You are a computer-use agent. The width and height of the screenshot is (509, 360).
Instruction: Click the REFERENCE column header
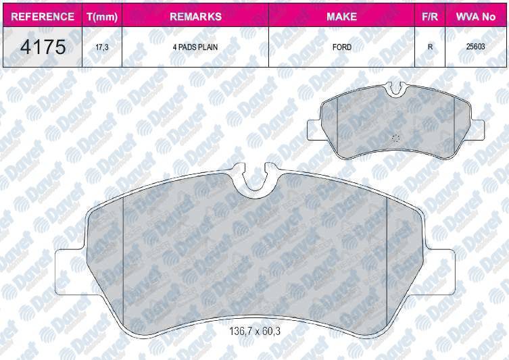(x=39, y=16)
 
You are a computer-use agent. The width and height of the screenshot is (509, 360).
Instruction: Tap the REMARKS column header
(x=195, y=16)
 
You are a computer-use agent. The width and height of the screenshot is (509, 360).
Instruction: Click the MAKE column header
(x=341, y=16)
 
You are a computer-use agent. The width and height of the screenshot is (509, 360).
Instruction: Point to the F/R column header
(x=429, y=16)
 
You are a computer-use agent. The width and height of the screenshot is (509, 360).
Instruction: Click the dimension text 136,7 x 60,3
(x=254, y=332)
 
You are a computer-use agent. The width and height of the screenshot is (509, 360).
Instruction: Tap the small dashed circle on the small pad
(x=395, y=137)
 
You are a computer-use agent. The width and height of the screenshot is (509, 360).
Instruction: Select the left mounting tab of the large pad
(x=70, y=272)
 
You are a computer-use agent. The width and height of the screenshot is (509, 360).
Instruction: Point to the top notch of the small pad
(x=396, y=88)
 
